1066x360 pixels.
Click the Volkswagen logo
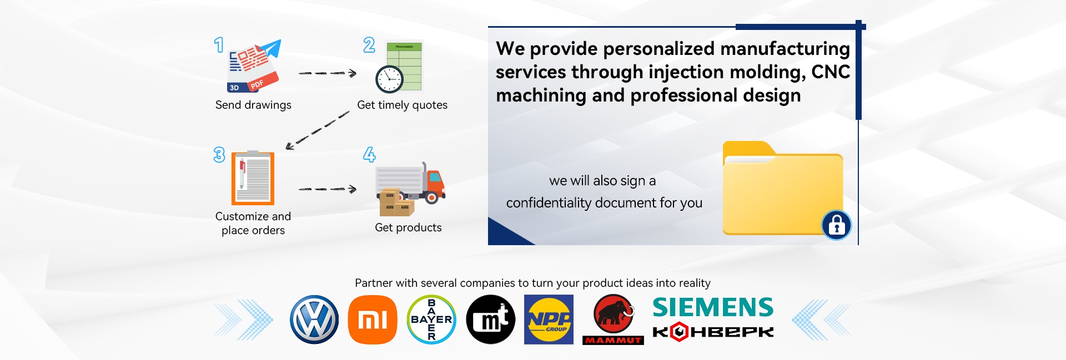(x=314, y=320)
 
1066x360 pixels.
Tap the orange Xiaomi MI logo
(x=373, y=320)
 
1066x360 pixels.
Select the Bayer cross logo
(x=431, y=320)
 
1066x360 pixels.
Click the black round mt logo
(x=491, y=320)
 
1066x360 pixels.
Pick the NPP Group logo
(x=549, y=320)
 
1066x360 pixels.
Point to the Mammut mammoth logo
(x=614, y=320)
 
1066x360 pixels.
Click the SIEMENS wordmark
(x=713, y=307)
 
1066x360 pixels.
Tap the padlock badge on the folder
(x=837, y=225)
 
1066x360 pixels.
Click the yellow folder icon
(x=783, y=189)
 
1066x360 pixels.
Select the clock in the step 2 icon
(x=389, y=79)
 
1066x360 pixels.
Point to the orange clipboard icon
(x=253, y=178)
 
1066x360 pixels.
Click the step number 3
(x=219, y=155)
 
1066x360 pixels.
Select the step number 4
(x=369, y=155)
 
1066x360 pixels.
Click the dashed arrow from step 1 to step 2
(x=328, y=73)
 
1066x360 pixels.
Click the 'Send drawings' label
(x=253, y=105)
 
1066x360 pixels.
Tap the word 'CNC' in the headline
(x=831, y=72)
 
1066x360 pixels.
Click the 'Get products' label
(x=408, y=228)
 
